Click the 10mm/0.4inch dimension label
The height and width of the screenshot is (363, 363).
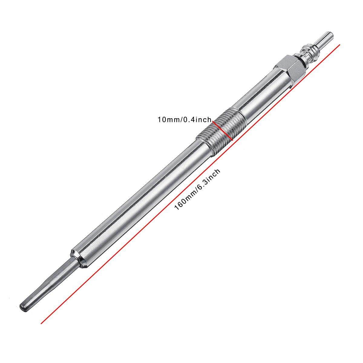185,119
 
